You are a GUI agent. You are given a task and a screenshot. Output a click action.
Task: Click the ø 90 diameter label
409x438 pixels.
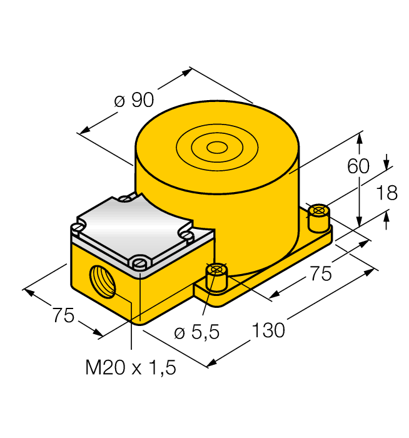point(134,100)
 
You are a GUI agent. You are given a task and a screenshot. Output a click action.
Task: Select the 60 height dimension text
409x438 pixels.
point(359,166)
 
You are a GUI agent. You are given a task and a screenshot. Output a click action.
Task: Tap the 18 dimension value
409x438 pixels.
point(387,193)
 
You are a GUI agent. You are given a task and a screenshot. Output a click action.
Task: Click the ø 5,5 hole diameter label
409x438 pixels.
point(197,333)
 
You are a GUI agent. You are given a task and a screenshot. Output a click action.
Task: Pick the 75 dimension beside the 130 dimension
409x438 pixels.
point(320,273)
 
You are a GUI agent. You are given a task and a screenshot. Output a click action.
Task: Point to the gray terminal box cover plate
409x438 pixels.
point(134,230)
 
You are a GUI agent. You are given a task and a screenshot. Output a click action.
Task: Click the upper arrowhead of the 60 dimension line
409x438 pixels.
point(360,136)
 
